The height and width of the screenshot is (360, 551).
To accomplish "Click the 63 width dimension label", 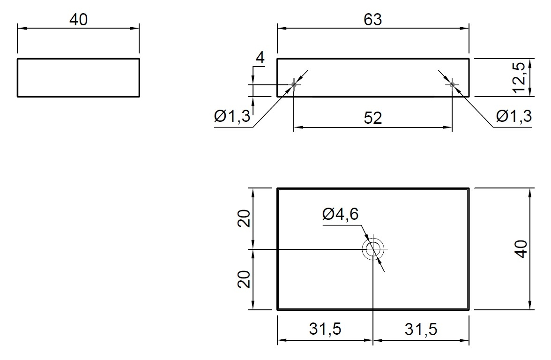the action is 373,20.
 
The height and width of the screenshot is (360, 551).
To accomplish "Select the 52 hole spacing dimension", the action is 373,118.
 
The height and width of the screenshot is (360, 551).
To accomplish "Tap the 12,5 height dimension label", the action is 519,78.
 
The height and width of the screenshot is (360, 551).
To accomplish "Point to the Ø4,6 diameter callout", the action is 341,214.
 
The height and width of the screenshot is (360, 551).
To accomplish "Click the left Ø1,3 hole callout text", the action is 232,116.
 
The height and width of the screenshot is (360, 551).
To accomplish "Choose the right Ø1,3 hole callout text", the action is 514,116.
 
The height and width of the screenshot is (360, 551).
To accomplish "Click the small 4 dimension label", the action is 260,58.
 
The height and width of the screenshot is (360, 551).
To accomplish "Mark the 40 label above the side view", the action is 78,20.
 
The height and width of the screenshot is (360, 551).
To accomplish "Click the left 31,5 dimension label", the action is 325,329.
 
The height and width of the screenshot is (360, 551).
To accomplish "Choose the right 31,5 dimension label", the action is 421,329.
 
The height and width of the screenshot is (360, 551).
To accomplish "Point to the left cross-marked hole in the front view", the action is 294,84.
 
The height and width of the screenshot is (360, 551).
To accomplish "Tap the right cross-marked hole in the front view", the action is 452,84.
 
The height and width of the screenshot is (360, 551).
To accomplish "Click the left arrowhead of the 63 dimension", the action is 282,29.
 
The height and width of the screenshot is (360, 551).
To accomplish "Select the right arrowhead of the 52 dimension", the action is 448,127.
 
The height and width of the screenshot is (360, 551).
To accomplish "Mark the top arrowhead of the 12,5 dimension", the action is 529,63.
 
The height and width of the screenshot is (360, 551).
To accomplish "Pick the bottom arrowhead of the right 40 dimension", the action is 529,305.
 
